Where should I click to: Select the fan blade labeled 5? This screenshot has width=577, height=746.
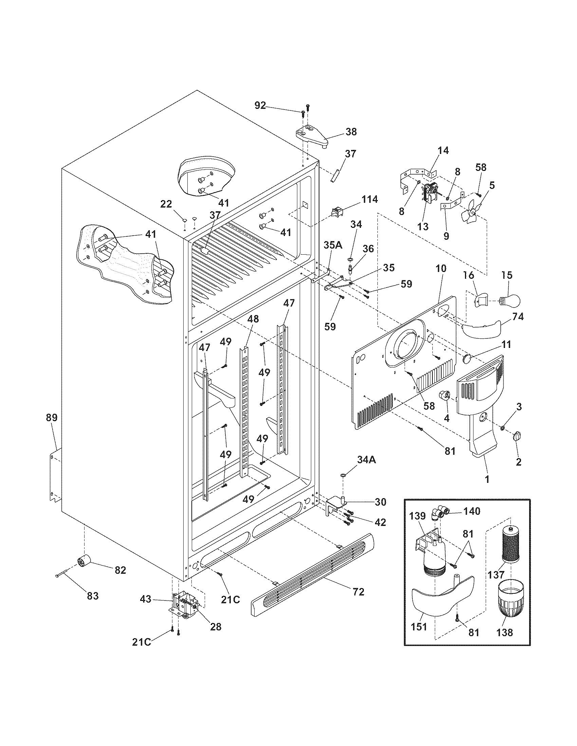point(471,214)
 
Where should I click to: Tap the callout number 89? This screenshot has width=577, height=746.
point(52,417)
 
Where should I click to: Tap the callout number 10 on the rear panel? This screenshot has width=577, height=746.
point(441,269)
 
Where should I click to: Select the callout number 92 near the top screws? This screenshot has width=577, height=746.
point(260,105)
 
